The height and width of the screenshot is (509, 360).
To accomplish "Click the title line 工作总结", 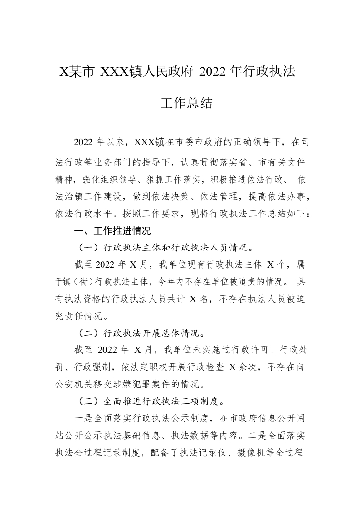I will click(187, 103).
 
